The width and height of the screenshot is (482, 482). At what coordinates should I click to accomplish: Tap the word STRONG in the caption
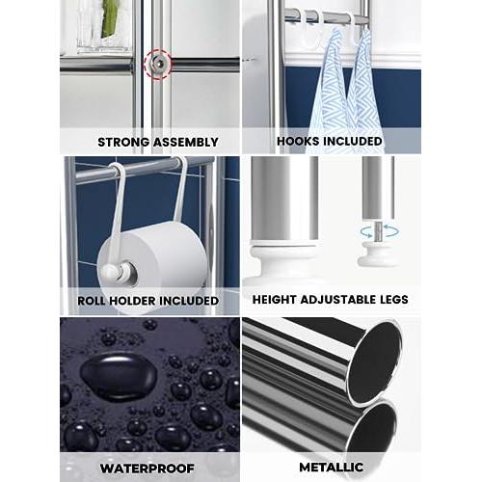[123, 142]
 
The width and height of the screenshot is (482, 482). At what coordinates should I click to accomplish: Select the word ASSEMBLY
[186, 142]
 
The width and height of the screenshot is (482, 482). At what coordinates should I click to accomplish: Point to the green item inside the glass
[108, 18]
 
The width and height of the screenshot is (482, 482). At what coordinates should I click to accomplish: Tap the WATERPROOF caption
[147, 469]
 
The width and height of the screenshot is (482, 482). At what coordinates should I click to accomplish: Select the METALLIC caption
[332, 467]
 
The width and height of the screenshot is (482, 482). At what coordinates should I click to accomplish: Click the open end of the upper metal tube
[375, 361]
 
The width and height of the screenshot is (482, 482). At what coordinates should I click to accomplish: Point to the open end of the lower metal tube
[372, 427]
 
